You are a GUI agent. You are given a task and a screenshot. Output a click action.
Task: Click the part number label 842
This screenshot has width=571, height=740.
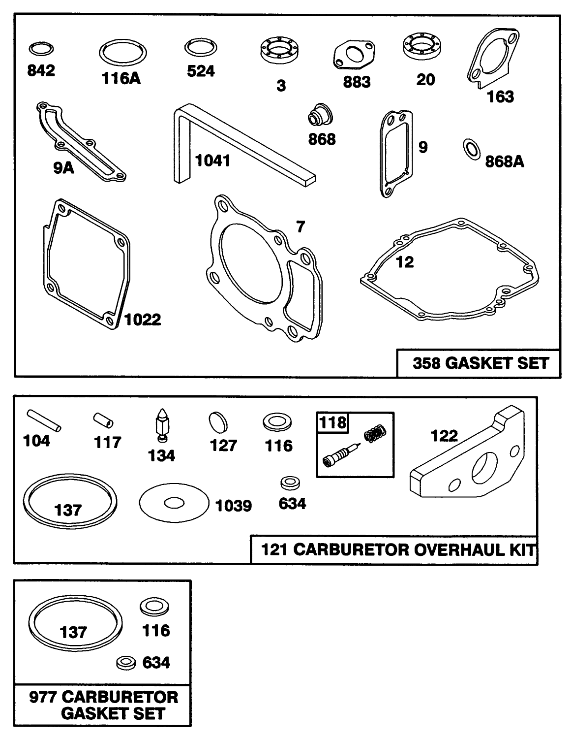tap(41, 71)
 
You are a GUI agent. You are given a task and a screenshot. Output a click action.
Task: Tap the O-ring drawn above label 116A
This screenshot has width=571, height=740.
tap(123, 52)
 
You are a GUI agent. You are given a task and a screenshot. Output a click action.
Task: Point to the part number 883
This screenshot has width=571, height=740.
tap(357, 82)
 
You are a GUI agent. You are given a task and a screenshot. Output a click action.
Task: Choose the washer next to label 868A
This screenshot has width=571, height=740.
tap(471, 149)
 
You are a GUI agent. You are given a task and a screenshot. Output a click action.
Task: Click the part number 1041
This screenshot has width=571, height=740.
tap(213, 161)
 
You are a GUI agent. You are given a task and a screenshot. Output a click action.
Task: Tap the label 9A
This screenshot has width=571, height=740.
tap(63, 168)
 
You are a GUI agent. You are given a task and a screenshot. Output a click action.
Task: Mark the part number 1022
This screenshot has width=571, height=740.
tap(142, 320)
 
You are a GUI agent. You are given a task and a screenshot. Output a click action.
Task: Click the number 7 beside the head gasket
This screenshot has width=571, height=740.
tap(300, 227)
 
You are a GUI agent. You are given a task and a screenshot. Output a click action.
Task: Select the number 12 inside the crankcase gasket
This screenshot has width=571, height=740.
tap(405, 262)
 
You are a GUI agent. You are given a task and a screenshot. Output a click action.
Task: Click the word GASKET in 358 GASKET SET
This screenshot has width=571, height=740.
tap(475, 363)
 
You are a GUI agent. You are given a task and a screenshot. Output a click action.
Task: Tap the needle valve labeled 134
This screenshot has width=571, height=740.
tap(161, 424)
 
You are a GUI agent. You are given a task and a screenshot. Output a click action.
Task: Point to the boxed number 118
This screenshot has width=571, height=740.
tap(333, 422)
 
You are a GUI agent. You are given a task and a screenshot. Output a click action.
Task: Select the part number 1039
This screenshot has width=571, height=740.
tap(234, 506)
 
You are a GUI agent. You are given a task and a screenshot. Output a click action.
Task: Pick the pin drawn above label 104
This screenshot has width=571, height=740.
tap(44, 420)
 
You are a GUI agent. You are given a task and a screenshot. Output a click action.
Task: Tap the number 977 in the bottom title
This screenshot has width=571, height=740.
tap(44, 697)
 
